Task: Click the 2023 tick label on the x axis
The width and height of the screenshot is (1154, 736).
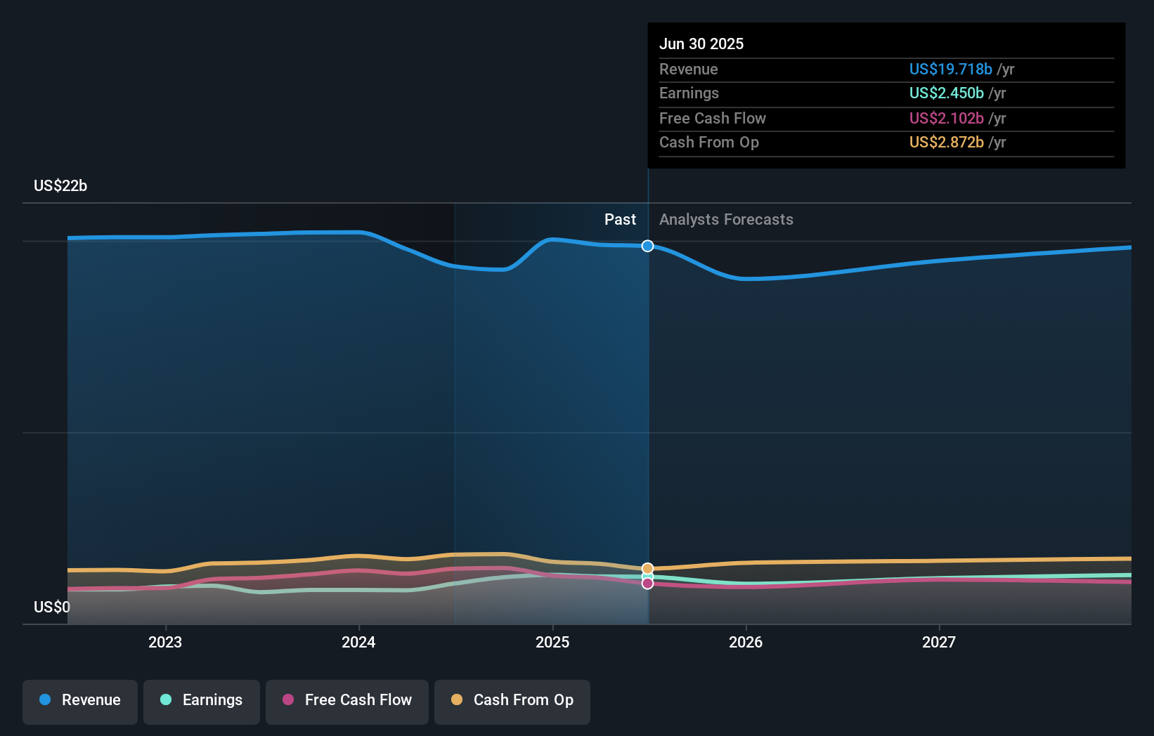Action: (165, 642)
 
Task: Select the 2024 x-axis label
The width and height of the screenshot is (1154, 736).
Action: (358, 642)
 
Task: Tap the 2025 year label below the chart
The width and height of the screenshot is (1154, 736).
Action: (552, 642)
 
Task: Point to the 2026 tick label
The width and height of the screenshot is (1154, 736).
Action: (746, 642)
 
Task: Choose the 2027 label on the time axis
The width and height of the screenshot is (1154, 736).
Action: (939, 642)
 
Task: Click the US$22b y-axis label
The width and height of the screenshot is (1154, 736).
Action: (60, 185)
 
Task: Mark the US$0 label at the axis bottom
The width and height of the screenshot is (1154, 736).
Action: (52, 607)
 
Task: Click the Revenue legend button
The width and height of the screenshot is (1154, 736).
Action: (80, 700)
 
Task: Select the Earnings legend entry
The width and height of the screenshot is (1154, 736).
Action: (202, 700)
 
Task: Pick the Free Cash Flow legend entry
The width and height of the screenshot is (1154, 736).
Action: (347, 700)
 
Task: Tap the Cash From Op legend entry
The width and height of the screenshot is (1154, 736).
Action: (512, 700)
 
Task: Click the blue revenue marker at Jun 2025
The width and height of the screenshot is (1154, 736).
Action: (648, 246)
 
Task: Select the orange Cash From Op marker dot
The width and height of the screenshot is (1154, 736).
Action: (648, 568)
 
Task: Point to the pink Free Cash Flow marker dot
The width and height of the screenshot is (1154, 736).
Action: (648, 584)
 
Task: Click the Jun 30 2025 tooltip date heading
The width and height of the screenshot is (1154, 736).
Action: (701, 44)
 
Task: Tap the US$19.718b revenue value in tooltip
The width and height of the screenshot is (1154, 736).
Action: (950, 69)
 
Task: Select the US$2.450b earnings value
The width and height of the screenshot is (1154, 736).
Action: (946, 93)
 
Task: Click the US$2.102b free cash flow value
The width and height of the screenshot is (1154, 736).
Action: (946, 118)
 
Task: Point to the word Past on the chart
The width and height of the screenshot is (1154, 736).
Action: (620, 219)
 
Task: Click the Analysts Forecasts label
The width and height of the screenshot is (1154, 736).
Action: (726, 219)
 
